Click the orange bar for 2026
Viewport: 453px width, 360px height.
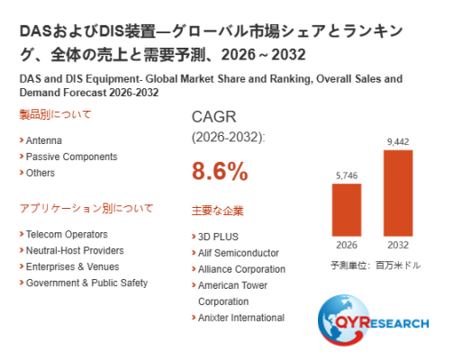point(347,210)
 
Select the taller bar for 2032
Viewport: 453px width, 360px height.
point(398,193)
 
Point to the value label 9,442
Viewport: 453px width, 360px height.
point(398,141)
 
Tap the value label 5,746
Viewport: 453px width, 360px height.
point(347,175)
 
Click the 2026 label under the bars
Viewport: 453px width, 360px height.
point(347,245)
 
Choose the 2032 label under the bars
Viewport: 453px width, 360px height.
point(398,245)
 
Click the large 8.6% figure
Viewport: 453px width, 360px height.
point(220,171)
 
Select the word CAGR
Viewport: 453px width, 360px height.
point(214,117)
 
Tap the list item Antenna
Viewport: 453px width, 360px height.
point(44,140)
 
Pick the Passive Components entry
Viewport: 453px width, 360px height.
point(71,157)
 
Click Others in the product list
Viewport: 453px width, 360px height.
point(41,173)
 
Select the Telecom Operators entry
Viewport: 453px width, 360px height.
point(67,234)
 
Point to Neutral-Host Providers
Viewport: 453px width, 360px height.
point(75,250)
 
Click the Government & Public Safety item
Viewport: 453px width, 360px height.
point(86,283)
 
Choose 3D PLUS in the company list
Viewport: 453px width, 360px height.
point(218,237)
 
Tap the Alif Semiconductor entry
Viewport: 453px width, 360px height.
point(239,253)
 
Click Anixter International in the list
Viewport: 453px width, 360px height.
point(241,318)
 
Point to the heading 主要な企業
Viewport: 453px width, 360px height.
point(217,211)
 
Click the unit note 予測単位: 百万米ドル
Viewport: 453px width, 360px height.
point(376,265)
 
